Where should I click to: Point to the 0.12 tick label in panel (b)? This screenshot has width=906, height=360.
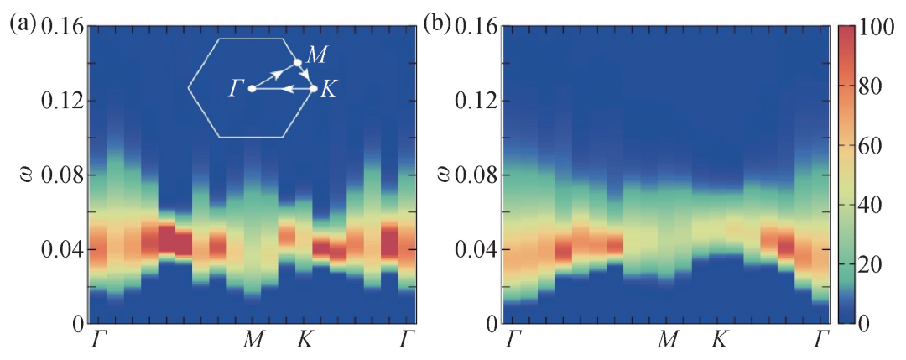(x=475, y=101)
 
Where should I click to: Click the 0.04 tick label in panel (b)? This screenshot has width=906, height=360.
(x=475, y=249)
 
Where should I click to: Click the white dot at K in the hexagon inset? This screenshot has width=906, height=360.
(x=314, y=88)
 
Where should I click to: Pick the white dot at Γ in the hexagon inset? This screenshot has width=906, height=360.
(x=253, y=88)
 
